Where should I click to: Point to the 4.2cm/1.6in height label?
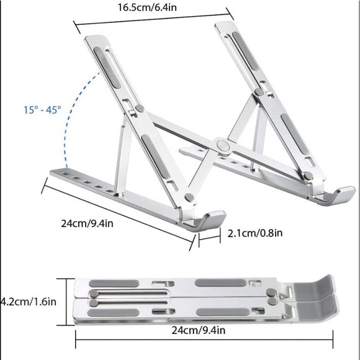click(x=29, y=302)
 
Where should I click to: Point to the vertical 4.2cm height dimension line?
click(x=66, y=302)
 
